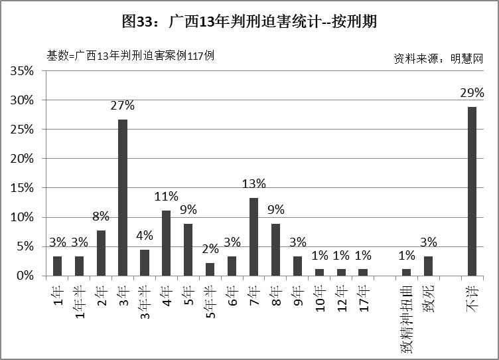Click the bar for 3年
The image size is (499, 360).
123,197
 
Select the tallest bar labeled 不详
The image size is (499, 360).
472,191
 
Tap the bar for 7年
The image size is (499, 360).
253,236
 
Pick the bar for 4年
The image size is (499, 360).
167,242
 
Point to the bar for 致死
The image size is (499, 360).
428,266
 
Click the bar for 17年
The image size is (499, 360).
362,272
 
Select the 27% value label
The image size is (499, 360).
123,106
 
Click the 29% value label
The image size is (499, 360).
472,93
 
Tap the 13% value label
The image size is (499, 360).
253,183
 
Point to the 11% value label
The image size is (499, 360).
167,196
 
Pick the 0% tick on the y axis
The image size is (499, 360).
27,276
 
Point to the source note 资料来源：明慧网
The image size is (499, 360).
437,58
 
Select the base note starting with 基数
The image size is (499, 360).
130,56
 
